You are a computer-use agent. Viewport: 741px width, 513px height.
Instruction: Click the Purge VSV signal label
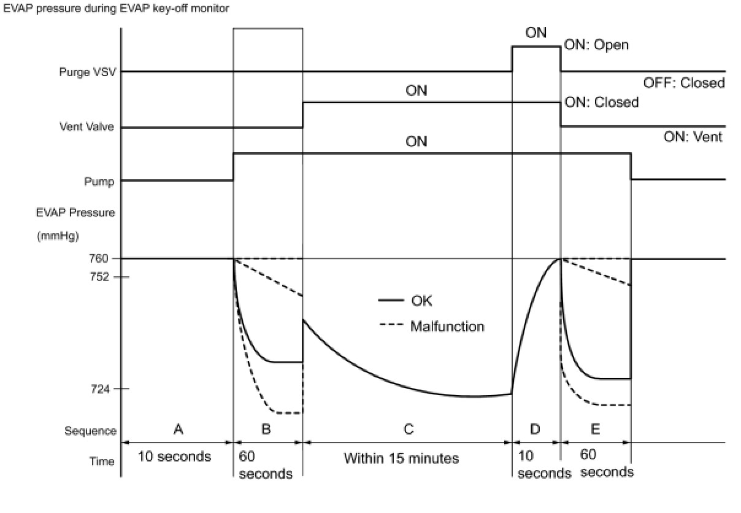(88, 72)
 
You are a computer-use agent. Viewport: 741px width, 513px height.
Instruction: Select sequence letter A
(178, 430)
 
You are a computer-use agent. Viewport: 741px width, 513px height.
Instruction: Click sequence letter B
(266, 430)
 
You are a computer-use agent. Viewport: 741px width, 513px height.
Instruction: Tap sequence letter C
(408, 430)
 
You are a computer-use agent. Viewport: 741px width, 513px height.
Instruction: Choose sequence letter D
(536, 430)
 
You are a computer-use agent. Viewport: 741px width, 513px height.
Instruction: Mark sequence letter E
(595, 430)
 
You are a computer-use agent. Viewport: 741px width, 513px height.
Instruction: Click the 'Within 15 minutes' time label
(401, 458)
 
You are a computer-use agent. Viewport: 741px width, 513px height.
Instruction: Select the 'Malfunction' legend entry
(447, 326)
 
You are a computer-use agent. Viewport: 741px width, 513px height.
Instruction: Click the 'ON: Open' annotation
(596, 45)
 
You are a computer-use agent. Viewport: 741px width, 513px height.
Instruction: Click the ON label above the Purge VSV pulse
(536, 33)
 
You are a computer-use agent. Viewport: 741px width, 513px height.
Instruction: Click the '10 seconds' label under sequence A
(174, 457)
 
